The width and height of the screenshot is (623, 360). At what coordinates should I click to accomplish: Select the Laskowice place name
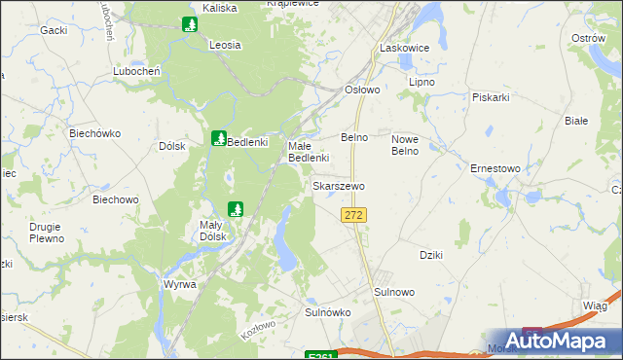[x=404, y=47]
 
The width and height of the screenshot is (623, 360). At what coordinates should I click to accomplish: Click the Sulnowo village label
[x=394, y=292]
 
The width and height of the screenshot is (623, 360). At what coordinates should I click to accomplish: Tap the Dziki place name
[x=431, y=255]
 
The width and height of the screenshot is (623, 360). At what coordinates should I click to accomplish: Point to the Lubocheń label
[x=136, y=71]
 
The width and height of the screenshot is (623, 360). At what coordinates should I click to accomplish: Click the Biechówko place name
[x=93, y=131]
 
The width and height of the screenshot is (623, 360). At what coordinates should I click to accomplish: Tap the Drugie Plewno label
[x=46, y=233]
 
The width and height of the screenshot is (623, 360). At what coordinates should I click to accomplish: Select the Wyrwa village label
[x=180, y=284]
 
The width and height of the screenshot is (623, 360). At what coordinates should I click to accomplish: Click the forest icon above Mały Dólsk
[x=235, y=208]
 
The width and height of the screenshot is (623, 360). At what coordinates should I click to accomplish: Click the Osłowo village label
[x=362, y=89]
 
